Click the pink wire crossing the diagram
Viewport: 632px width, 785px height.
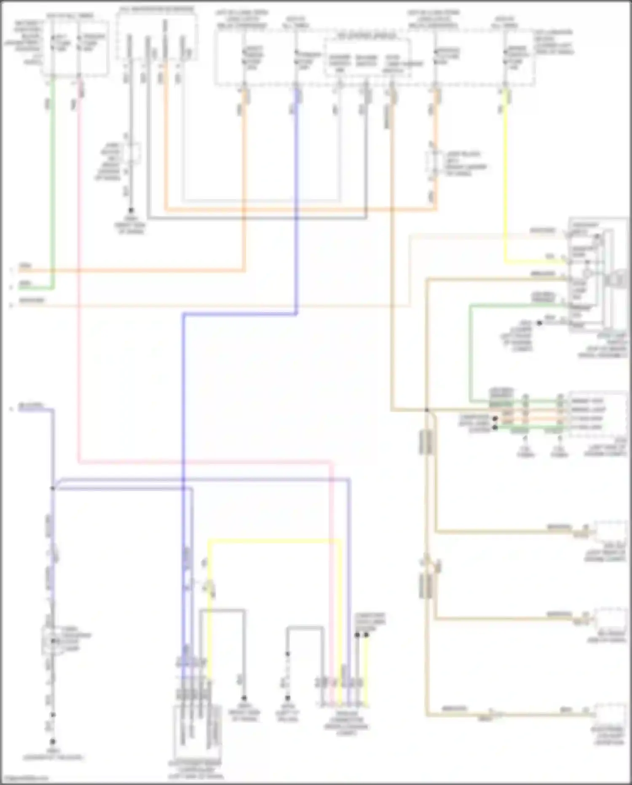[79, 295]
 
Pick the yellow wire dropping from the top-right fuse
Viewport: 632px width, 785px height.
[505, 177]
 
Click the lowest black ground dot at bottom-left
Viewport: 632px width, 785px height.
[53, 741]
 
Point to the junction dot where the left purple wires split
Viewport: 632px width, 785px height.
[53, 488]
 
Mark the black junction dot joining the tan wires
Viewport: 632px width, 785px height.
[427, 410]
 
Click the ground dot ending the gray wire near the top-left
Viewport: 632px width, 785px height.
[131, 210]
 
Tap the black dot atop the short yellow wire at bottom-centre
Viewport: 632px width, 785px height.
[366, 635]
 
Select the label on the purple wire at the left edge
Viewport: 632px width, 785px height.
[30, 406]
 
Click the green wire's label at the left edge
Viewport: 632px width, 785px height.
[25, 284]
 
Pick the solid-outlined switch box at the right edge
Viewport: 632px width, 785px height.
[597, 275]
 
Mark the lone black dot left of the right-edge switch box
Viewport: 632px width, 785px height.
[539, 323]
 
